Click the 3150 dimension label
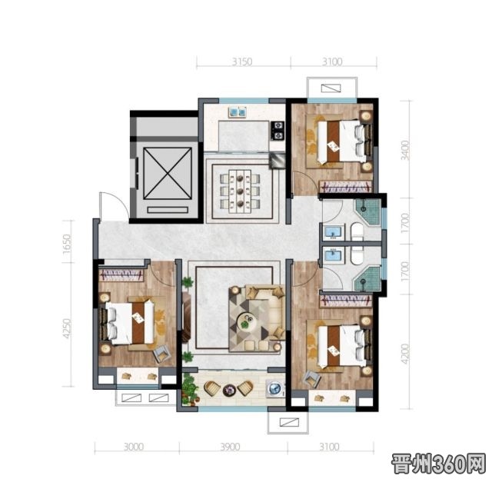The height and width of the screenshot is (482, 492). [x=242, y=61]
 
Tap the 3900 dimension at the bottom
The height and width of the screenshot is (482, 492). [x=230, y=447]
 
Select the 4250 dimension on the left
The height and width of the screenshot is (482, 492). [x=67, y=328]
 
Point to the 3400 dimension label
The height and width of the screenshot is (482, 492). [x=405, y=151]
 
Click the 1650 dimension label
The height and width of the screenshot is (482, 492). [x=67, y=244]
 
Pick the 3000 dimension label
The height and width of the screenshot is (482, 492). [x=134, y=447]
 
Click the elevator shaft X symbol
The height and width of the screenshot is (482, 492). [x=168, y=174]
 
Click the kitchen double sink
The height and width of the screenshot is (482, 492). [x=238, y=111]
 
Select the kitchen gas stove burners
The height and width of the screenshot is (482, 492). [x=278, y=131]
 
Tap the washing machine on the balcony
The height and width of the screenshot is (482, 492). [x=275, y=388]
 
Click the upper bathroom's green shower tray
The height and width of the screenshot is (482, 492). [x=368, y=211]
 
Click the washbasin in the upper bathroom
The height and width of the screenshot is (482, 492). [x=333, y=232]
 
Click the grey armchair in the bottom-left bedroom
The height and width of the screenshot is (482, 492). [x=161, y=353]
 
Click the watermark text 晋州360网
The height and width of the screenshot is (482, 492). [x=438, y=464]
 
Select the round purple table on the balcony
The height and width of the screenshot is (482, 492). [x=229, y=390]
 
